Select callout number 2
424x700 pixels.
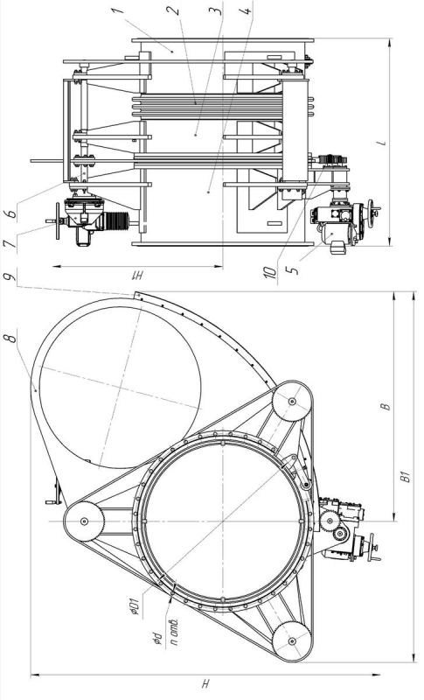[x=176, y=10]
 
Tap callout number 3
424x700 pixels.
[x=216, y=10]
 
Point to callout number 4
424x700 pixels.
[x=247, y=10]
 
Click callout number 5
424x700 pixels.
[x=294, y=270]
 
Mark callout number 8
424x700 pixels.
[x=12, y=336]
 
